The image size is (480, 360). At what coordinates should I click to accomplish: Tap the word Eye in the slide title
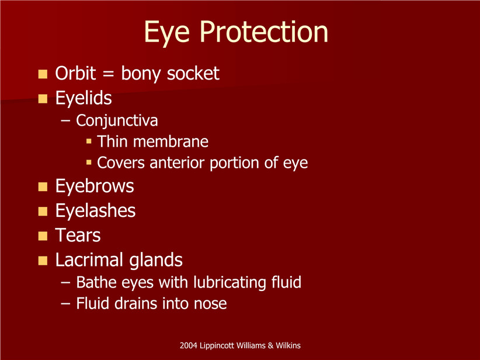tap(167, 33)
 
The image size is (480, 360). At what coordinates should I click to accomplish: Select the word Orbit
tap(75, 73)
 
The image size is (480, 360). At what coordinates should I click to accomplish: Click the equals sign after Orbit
tap(109, 74)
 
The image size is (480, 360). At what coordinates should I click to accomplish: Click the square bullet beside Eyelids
tap(43, 99)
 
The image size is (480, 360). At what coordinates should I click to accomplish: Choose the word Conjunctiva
tap(117, 120)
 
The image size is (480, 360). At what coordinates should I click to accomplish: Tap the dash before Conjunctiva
tap(65, 121)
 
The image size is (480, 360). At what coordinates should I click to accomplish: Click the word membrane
tap(171, 141)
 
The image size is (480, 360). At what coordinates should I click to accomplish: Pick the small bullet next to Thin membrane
tap(89, 141)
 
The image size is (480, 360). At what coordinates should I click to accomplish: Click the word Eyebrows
tap(95, 186)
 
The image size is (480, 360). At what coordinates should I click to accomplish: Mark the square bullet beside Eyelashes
tap(43, 212)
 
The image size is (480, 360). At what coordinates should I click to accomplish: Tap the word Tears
tap(78, 236)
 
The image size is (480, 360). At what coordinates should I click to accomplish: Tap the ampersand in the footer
tap(270, 345)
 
